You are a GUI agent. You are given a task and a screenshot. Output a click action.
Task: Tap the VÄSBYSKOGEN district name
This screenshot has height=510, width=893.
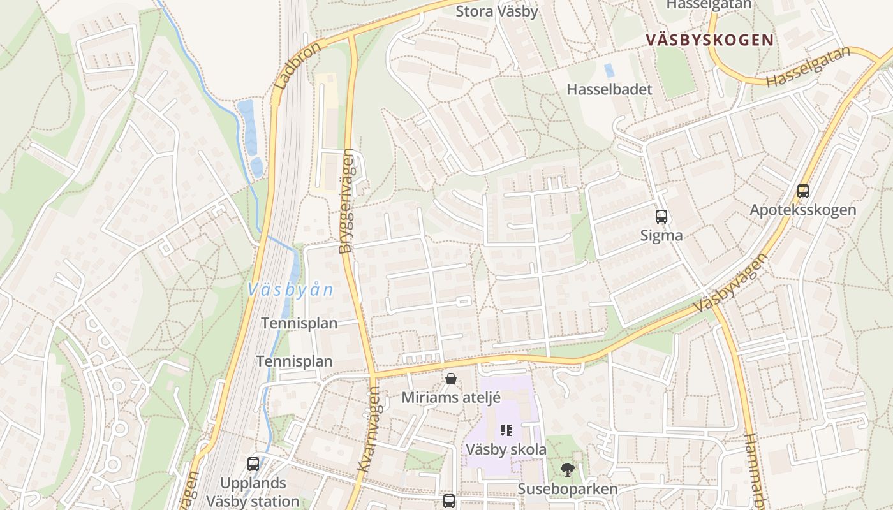[709, 40]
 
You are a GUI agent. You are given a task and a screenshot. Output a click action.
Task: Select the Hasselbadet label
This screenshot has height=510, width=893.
[609, 89]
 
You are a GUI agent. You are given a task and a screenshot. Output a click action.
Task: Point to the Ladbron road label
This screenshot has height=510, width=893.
[298, 66]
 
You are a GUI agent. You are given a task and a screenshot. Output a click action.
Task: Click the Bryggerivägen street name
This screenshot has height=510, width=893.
[347, 201]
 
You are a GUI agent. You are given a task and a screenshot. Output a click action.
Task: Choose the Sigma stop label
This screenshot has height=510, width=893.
[661, 235]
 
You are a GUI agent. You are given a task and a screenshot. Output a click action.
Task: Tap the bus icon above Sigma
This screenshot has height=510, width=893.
[661, 217]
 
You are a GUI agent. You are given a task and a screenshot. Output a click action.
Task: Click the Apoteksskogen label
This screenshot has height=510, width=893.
[802, 210]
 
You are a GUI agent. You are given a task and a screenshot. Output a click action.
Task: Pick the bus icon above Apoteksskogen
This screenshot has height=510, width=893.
[803, 191]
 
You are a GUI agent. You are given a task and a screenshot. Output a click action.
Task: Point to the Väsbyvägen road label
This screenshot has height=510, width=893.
[729, 282]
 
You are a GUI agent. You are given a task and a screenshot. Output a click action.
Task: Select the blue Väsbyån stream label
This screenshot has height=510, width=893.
[290, 289]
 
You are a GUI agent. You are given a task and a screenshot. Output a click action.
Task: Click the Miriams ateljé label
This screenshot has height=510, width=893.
[451, 397]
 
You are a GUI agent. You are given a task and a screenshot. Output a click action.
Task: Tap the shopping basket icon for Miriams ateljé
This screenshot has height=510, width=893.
[451, 379]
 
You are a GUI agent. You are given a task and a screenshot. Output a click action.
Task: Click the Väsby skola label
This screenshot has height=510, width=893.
[506, 449]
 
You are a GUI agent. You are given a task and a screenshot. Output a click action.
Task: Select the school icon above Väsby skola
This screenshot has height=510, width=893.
[506, 430]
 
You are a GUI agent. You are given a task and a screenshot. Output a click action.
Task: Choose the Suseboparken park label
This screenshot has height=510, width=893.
[567, 489]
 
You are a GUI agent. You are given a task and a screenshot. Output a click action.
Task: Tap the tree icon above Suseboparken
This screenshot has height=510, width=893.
[567, 470]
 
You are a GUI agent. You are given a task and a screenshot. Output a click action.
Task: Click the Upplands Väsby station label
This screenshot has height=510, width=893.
[253, 492]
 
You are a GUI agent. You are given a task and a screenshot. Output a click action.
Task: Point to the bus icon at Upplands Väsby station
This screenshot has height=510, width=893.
[253, 464]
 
